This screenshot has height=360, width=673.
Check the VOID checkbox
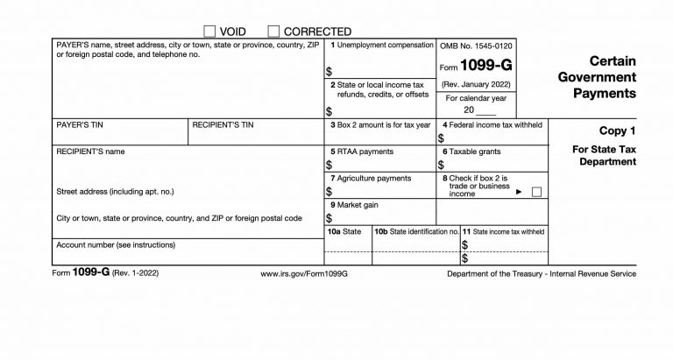tap(209, 32)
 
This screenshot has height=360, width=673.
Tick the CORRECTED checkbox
tap(273, 32)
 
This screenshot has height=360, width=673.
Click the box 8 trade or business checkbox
tap(536, 191)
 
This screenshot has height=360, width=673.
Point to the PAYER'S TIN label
tap(78, 126)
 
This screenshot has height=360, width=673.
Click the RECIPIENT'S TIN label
tap(223, 126)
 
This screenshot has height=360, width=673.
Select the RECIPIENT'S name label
tap(90, 152)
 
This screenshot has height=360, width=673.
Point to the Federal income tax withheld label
tap(494, 125)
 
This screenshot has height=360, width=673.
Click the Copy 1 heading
tap(617, 131)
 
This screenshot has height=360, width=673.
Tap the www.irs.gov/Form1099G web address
tap(305, 274)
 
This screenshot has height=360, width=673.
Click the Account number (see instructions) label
tap(115, 244)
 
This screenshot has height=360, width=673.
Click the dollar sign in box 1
tap(329, 71)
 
